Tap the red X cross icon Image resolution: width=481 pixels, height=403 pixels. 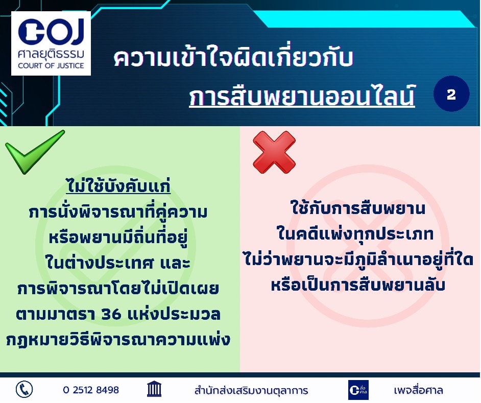coord(274,152)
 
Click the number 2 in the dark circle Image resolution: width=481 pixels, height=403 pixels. coord(451,94)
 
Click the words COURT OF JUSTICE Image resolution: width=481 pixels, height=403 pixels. coord(51,65)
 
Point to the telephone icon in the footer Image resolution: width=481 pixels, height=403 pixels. coord(24,390)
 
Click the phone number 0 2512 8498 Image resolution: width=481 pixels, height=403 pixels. coord(91,390)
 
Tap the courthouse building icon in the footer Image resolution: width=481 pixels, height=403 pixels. coord(154,389)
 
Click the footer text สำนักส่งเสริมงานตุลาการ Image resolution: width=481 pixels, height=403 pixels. coord(251,390)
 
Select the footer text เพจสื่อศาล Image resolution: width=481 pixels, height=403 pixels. coord(418,390)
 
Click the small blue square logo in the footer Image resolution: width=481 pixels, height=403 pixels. coord(358,390)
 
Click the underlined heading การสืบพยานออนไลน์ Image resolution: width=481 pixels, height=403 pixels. coord(302,96)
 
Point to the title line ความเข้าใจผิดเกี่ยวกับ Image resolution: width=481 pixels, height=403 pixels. coord(233,57)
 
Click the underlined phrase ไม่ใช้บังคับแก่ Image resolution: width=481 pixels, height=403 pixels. coord(118,186)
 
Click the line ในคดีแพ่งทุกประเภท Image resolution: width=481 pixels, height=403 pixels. coord(355,233)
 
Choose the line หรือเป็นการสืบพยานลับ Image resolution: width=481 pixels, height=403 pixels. coord(357,284)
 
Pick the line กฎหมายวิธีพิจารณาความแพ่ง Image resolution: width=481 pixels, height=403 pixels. coord(118,340)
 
